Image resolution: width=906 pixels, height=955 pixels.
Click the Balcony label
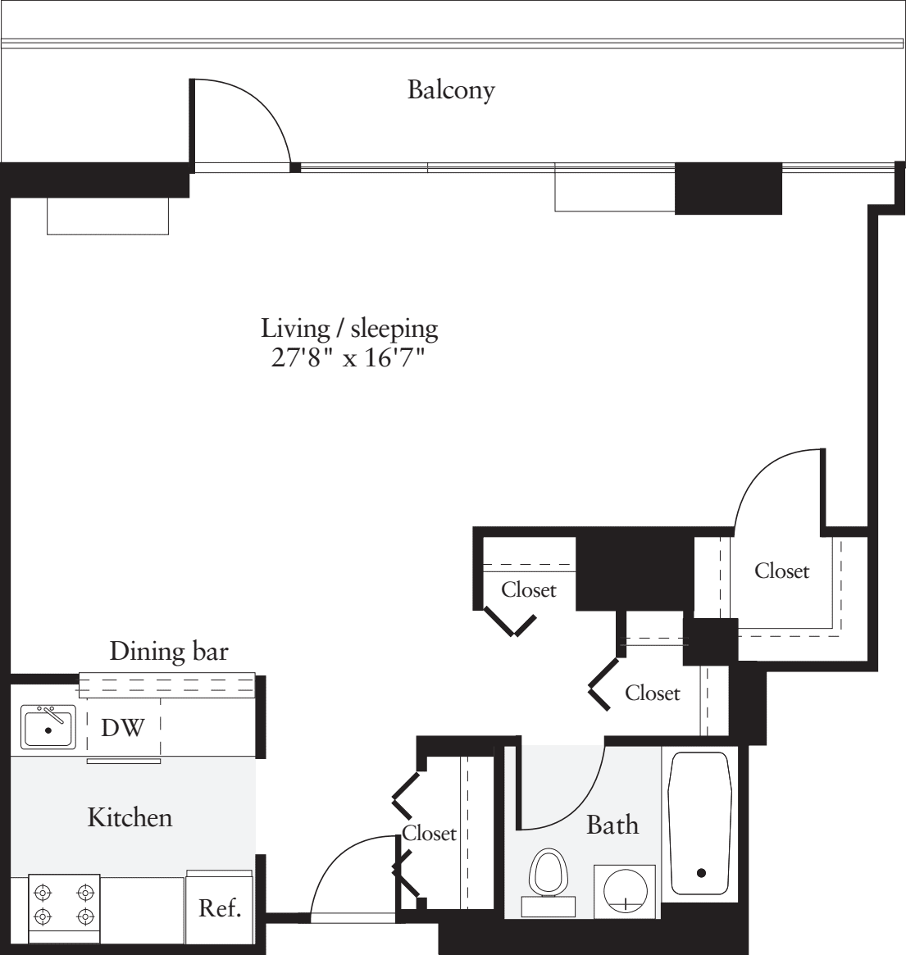[451, 89]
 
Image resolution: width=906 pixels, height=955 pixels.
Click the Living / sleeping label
[350, 329]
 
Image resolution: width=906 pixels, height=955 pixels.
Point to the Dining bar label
[169, 652]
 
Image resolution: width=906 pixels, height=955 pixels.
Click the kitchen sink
[49, 725]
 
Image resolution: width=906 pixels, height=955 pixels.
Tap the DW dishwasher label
[123, 727]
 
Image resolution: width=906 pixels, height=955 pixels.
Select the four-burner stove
[64, 903]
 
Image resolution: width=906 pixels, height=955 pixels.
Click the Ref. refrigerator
[220, 908]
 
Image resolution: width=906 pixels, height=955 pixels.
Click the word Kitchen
[130, 817]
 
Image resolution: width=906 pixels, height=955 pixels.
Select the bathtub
[700, 822]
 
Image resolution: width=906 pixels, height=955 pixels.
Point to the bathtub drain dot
[701, 872]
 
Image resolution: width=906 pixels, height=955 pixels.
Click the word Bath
[612, 824]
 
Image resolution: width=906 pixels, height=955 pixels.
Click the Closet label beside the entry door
[429, 834]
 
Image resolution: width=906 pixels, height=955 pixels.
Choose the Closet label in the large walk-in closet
[781, 571]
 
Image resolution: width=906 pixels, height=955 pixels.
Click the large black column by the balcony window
[727, 189]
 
